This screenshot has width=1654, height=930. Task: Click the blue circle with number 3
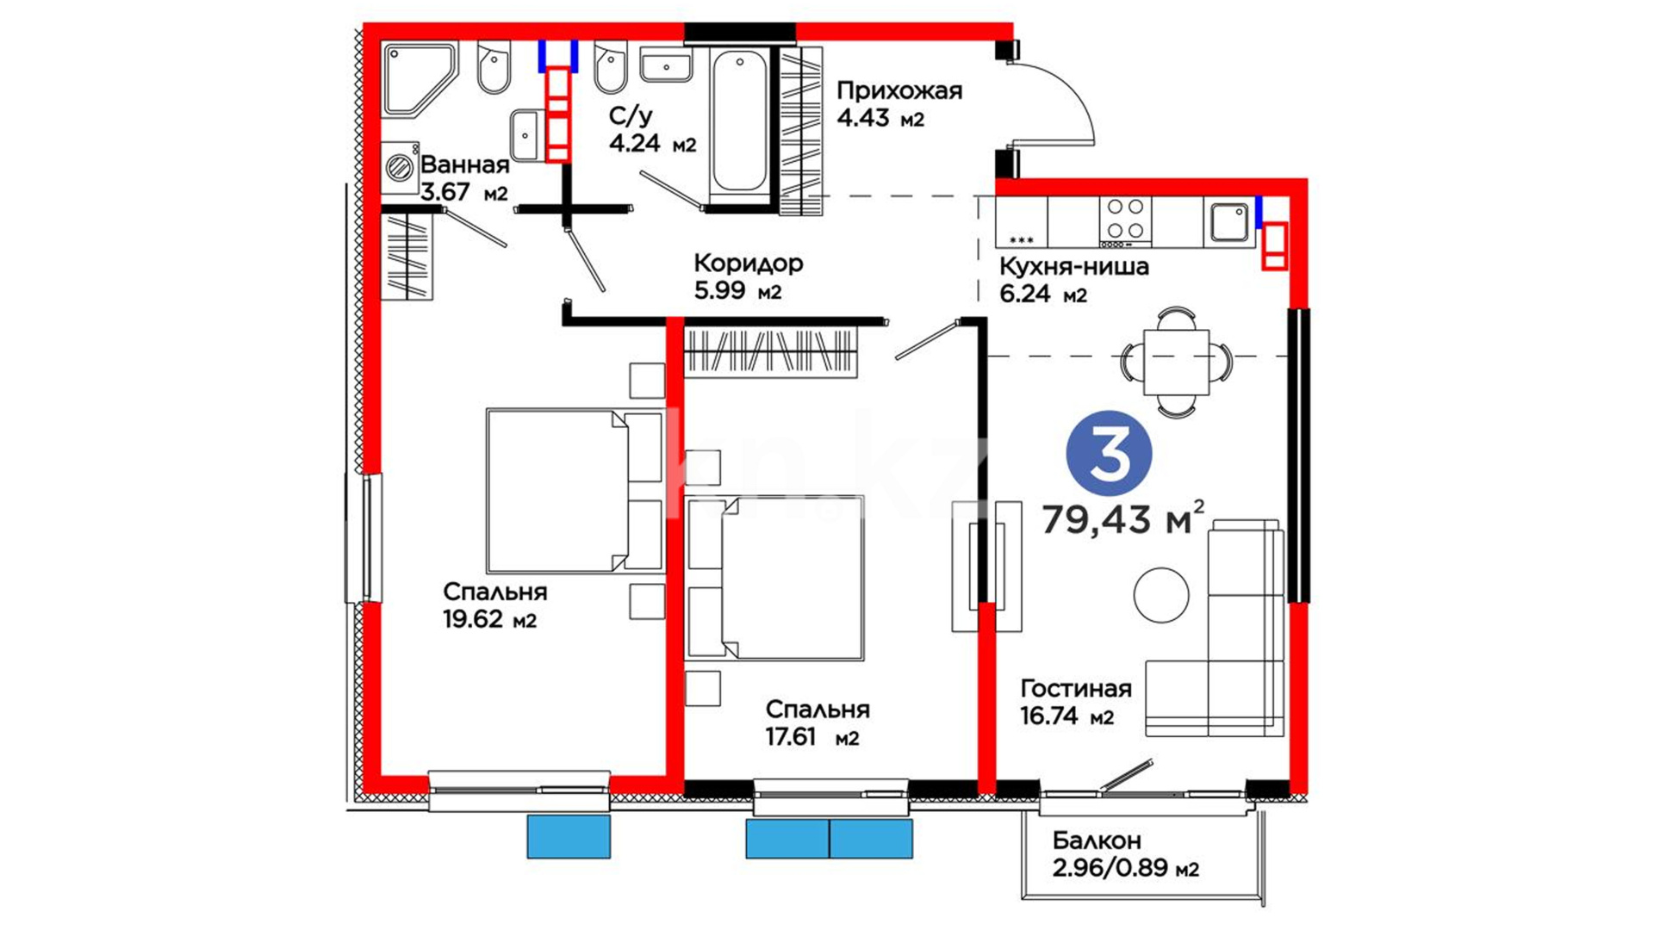[x=1109, y=453]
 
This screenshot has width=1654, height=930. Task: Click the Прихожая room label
[x=899, y=90]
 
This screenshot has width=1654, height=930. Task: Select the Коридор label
[x=749, y=263]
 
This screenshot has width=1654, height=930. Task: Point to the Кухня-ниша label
[x=1074, y=266]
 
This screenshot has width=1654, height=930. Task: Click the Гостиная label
[x=1076, y=688]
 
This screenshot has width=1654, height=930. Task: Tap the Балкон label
[x=1097, y=840]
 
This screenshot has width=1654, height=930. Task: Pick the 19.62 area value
[x=473, y=619]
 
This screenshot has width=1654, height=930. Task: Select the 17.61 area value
[x=791, y=737]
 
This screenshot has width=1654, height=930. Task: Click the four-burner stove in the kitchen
[x=1125, y=221]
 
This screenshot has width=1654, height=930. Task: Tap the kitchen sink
[x=1228, y=221]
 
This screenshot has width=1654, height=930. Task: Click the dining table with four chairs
[x=1176, y=363]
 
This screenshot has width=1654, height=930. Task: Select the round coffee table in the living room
[x=1161, y=595]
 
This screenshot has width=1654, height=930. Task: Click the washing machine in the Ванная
[x=400, y=168]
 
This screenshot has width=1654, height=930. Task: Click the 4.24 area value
[x=634, y=143]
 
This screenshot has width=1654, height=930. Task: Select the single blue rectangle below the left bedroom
[x=569, y=837]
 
